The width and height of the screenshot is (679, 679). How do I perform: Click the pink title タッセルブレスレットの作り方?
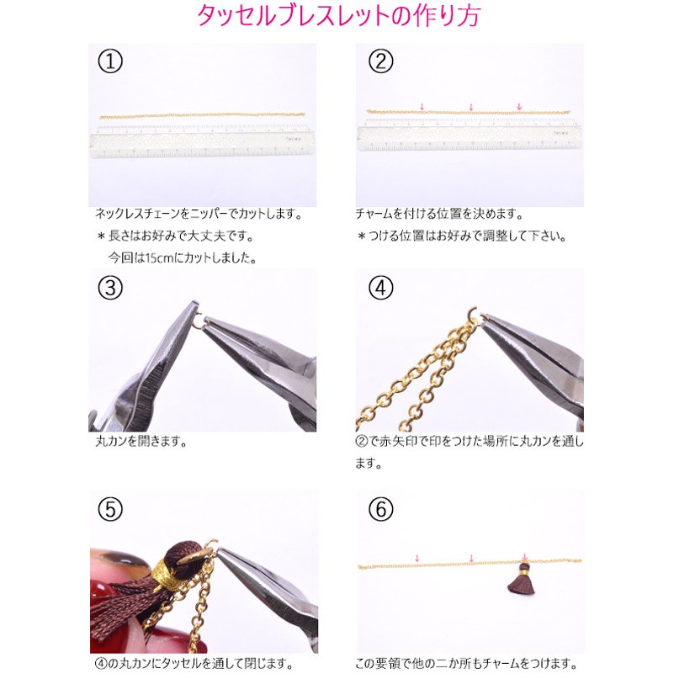[338, 16]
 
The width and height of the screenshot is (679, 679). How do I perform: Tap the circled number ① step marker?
[110, 61]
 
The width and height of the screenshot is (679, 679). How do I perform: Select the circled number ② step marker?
[380, 61]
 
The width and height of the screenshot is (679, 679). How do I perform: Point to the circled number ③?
[110, 288]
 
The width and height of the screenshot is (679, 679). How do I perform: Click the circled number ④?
[380, 288]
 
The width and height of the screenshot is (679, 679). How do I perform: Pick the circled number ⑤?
[110, 509]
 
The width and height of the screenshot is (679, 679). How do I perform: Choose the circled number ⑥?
[380, 509]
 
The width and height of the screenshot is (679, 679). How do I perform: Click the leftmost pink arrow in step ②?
[422, 107]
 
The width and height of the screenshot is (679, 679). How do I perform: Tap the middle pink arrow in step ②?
[471, 107]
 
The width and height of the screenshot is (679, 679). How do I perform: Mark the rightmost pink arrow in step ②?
[519, 107]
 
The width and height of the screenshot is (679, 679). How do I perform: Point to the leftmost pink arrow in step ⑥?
[417, 558]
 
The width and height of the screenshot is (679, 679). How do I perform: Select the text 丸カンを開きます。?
[141, 442]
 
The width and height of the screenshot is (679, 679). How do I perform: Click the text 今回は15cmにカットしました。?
[183, 258]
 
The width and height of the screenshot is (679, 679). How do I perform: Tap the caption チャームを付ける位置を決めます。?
[439, 214]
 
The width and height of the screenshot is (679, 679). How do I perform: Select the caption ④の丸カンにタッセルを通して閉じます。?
[194, 663]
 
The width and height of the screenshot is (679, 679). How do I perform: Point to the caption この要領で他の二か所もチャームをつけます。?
[467, 663]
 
